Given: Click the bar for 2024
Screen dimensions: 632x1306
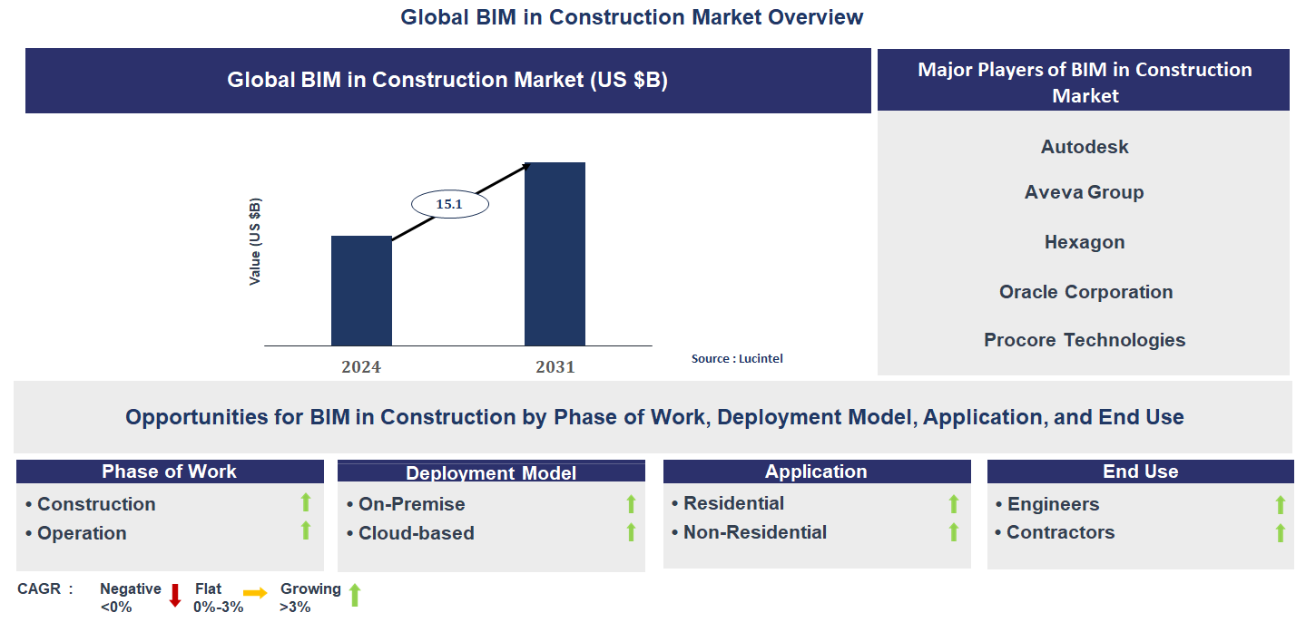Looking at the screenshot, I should click(361, 290).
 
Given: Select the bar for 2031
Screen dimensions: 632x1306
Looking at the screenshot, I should click(555, 254).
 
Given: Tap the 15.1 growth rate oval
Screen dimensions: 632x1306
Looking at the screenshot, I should click(450, 204).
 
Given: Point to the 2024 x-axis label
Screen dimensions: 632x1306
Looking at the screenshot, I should click(361, 367).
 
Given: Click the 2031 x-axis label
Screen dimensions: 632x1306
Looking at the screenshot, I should click(555, 367).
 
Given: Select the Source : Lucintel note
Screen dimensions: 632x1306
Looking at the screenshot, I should click(737, 358).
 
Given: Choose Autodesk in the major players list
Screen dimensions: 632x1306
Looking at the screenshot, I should click(1085, 147).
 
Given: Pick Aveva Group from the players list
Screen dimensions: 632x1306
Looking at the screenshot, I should click(1084, 192).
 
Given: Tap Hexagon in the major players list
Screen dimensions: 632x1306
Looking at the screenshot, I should click(1085, 242).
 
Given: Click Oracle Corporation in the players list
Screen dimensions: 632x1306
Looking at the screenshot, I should click(1085, 292).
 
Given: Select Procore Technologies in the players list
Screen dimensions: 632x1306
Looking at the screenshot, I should click(1085, 340).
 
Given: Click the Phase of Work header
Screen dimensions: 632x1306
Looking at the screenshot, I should click(170, 472).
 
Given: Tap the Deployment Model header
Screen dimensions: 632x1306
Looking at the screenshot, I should click(491, 473).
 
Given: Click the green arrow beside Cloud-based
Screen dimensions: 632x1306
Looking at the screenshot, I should click(631, 532).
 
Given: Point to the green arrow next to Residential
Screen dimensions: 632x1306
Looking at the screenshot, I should click(953, 503).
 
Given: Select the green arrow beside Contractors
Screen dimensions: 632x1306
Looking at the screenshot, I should click(1280, 532).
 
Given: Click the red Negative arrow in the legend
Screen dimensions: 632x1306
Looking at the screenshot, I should click(175, 595).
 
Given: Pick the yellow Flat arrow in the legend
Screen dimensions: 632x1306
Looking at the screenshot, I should click(255, 594).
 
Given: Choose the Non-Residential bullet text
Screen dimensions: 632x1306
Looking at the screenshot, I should click(755, 532).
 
